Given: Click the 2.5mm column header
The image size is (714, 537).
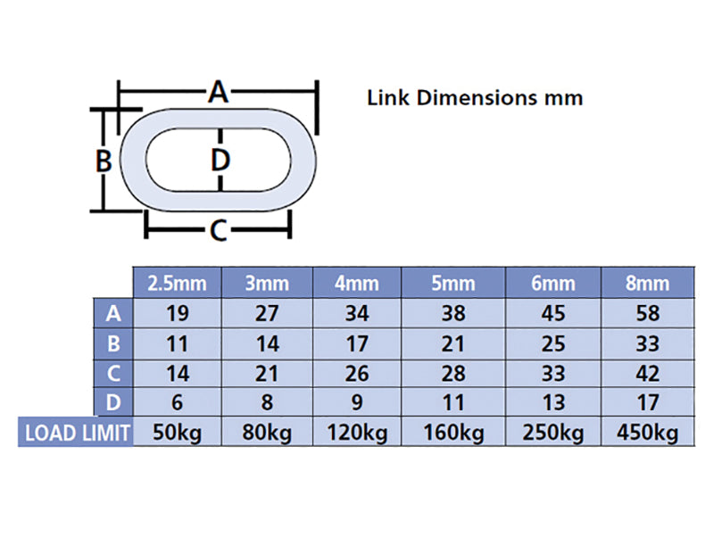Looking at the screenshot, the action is pyautogui.click(x=177, y=284).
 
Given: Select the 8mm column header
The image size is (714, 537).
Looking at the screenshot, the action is pyautogui.click(x=647, y=284).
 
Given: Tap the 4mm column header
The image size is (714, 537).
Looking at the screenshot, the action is pyautogui.click(x=356, y=284).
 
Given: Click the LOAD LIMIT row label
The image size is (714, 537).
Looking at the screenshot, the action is pyautogui.click(x=78, y=433).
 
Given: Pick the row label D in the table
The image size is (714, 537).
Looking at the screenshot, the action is pyautogui.click(x=113, y=403).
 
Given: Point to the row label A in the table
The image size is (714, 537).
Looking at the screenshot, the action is pyautogui.click(x=113, y=314).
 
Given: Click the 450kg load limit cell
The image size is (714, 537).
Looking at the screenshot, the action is pyautogui.click(x=647, y=433).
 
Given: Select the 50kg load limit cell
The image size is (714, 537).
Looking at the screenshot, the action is pyautogui.click(x=177, y=433).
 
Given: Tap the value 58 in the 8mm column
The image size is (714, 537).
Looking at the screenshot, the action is pyautogui.click(x=647, y=314).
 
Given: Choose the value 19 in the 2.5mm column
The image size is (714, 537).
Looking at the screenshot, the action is pyautogui.click(x=177, y=314).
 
